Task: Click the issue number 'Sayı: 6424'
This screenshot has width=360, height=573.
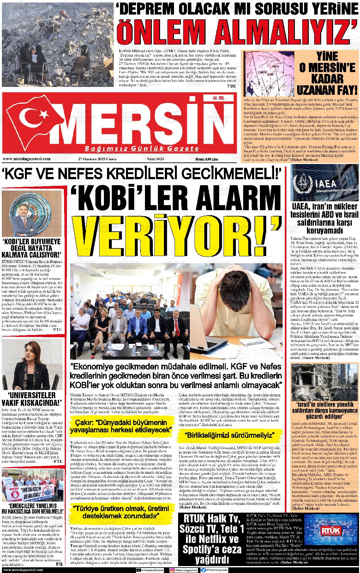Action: point(158,159)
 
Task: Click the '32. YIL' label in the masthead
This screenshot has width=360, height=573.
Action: point(218,99)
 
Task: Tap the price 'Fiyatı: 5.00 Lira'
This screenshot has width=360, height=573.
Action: point(207,160)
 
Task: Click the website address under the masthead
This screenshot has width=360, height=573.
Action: point(27,159)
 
